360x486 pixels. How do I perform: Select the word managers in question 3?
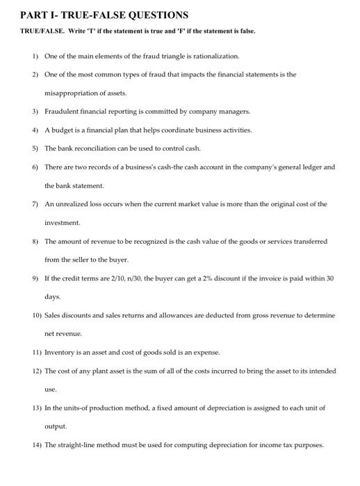[234, 110]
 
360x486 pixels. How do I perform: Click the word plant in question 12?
[100, 371]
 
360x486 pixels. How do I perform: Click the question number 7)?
[34, 204]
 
